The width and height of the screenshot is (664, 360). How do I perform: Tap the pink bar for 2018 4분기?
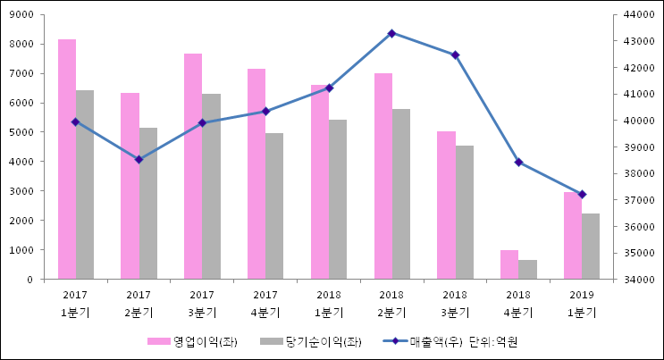click(x=509, y=264)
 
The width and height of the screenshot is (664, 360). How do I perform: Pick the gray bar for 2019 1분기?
click(x=591, y=247)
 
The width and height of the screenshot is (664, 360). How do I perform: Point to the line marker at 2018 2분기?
click(x=391, y=33)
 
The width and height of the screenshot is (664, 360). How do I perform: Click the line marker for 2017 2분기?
click(x=139, y=160)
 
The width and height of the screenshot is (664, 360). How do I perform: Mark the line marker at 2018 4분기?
click(x=518, y=163)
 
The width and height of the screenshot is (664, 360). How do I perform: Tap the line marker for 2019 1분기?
click(x=582, y=195)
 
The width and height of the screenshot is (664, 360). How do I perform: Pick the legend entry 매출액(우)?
click(x=433, y=341)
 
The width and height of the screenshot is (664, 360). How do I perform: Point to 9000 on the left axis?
click(x=22, y=15)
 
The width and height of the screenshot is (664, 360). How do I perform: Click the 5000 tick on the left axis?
click(x=22, y=132)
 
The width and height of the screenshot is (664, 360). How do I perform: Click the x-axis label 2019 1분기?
click(x=582, y=304)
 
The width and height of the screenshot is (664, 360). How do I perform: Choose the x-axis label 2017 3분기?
click(x=202, y=304)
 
